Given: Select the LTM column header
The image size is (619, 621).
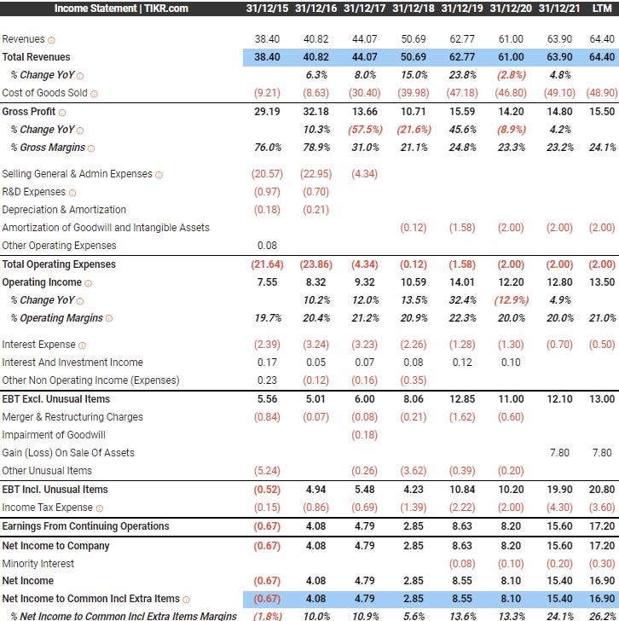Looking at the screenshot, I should tap(601, 9).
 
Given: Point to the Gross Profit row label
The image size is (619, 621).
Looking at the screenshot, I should tap(29, 112).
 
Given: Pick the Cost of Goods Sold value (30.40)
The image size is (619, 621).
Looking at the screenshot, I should tap(365, 93).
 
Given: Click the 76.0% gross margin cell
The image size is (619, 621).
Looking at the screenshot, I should tap(268, 148).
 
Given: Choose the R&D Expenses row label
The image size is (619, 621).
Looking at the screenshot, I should tap(33, 192).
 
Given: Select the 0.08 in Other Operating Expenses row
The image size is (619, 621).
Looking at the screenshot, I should tap(268, 246).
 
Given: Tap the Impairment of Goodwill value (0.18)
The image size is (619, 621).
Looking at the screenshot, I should tap(365, 435).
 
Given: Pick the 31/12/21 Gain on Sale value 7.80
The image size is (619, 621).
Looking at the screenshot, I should tap(559, 453).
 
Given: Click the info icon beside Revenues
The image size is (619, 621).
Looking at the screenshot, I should tap(51, 40).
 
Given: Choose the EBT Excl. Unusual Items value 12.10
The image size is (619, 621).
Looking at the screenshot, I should tap(559, 399).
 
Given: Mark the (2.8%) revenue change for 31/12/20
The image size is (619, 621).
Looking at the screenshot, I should tap(512, 75).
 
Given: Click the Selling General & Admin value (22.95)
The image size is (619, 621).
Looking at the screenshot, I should tap(316, 174).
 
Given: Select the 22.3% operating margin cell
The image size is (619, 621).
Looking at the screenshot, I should tap(462, 318).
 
